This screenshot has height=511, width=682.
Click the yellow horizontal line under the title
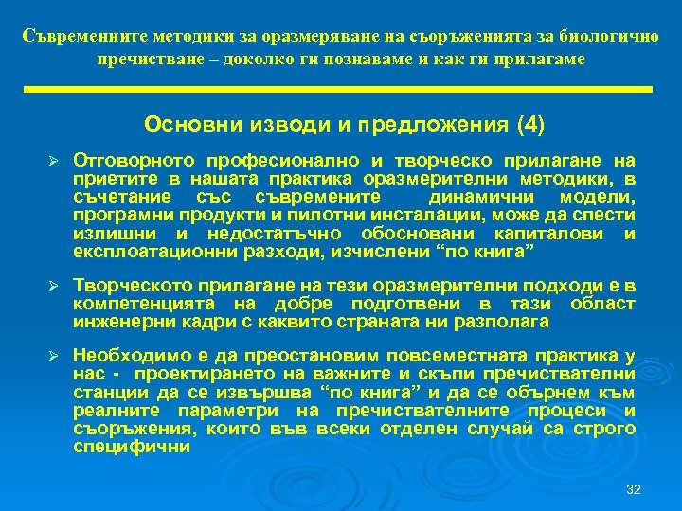(x=340, y=89)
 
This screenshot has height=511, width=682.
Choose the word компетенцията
(x=137, y=304)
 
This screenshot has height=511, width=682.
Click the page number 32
(x=634, y=489)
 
